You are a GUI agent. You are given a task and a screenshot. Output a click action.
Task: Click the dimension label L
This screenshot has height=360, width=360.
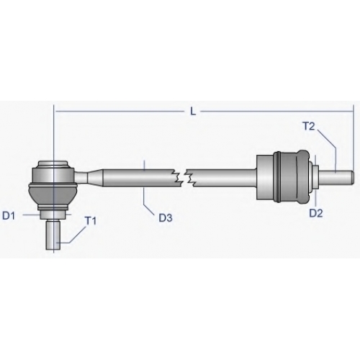(x=193, y=112)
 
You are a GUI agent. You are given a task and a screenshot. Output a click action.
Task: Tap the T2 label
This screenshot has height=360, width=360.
(x=309, y=126)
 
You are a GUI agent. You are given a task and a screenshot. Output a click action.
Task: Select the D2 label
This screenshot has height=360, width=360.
(x=316, y=213)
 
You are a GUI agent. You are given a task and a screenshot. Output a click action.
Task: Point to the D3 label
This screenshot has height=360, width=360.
(x=166, y=218)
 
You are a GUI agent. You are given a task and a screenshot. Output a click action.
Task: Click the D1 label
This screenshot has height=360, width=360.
(x=9, y=216)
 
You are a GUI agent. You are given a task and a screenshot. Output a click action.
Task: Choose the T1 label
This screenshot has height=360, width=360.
(x=91, y=221)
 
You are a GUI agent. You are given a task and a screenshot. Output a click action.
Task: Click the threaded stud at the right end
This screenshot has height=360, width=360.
(x=336, y=177)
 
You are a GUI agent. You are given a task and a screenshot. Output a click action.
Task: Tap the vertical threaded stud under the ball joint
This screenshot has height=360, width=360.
(x=53, y=235)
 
